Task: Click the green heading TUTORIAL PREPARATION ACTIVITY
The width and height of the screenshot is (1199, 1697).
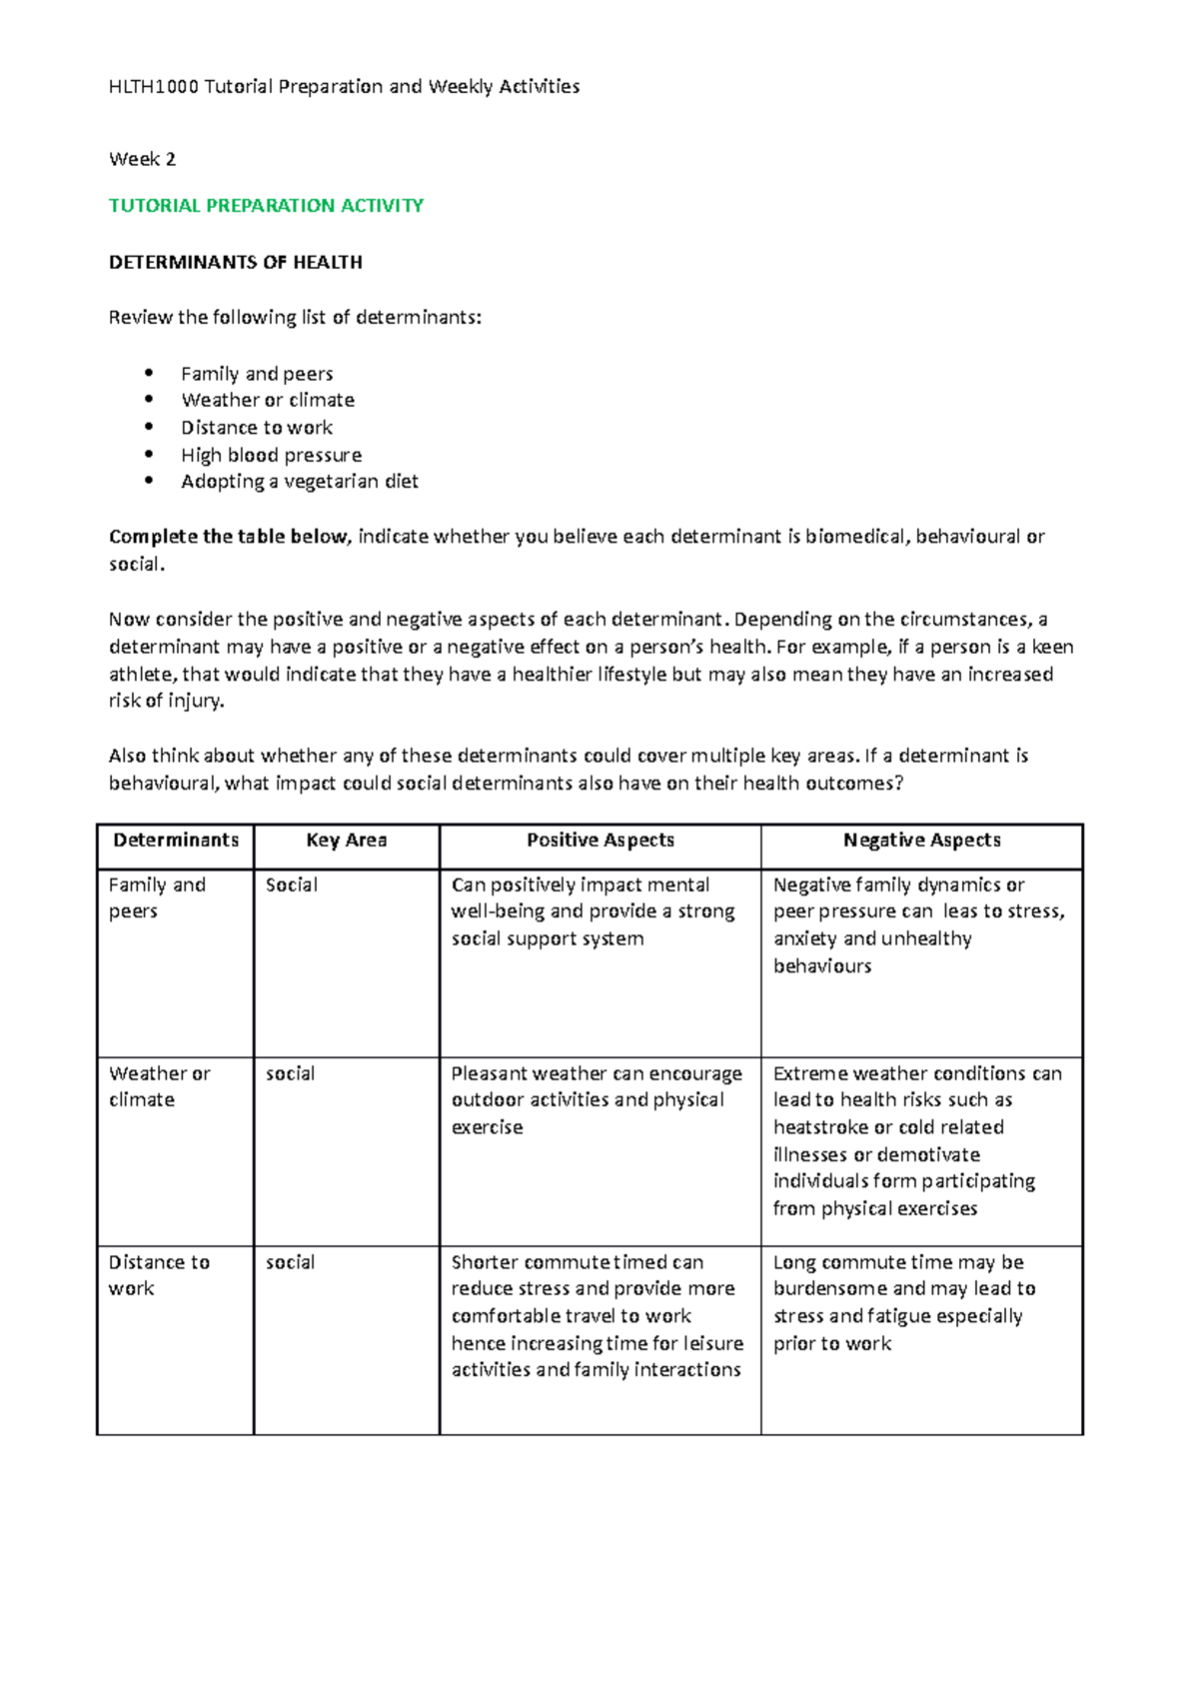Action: pos(266,206)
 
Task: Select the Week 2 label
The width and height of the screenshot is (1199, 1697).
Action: pos(142,159)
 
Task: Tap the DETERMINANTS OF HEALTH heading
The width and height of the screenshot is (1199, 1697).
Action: pos(235,262)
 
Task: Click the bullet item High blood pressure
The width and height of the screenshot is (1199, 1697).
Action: pos(271,455)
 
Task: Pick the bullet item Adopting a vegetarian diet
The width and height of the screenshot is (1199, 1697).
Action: pos(299,482)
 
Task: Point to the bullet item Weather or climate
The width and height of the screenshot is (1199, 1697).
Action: pos(267,400)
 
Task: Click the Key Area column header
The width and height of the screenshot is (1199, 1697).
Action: pos(346,841)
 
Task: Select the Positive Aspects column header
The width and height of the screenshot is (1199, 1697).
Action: pos(599,841)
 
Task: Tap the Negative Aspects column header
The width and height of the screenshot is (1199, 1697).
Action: pos(921,841)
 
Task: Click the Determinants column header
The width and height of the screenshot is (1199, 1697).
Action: pos(176,841)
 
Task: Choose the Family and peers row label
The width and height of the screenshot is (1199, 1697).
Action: pos(156,897)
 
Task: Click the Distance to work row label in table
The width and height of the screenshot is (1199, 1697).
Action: pos(158,1275)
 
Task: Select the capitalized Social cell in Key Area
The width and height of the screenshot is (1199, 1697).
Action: pos(291,885)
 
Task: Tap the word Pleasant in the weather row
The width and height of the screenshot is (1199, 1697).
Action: pos(489,1073)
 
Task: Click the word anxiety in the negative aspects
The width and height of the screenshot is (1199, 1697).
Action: pos(804,939)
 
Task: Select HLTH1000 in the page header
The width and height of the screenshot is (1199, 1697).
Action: pos(153,87)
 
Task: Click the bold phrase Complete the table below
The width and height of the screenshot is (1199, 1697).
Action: pos(229,537)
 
